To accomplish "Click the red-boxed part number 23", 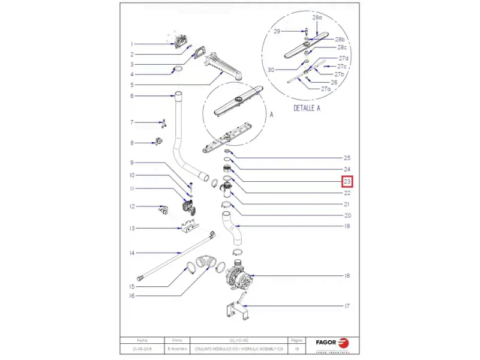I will coord(347,182).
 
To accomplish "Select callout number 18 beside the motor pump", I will coord(347,276).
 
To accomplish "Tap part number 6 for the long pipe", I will coord(132,96).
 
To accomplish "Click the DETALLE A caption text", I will coord(307,109).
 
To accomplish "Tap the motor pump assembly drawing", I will coord(238,277).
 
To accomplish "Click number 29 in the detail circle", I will coord(277,31).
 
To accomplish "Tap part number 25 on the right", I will coord(347,158).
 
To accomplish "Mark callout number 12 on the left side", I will coord(132,207).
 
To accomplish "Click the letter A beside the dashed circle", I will coord(271,113).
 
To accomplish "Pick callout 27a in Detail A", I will coord(326,89).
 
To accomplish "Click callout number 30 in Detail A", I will coord(271,70).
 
